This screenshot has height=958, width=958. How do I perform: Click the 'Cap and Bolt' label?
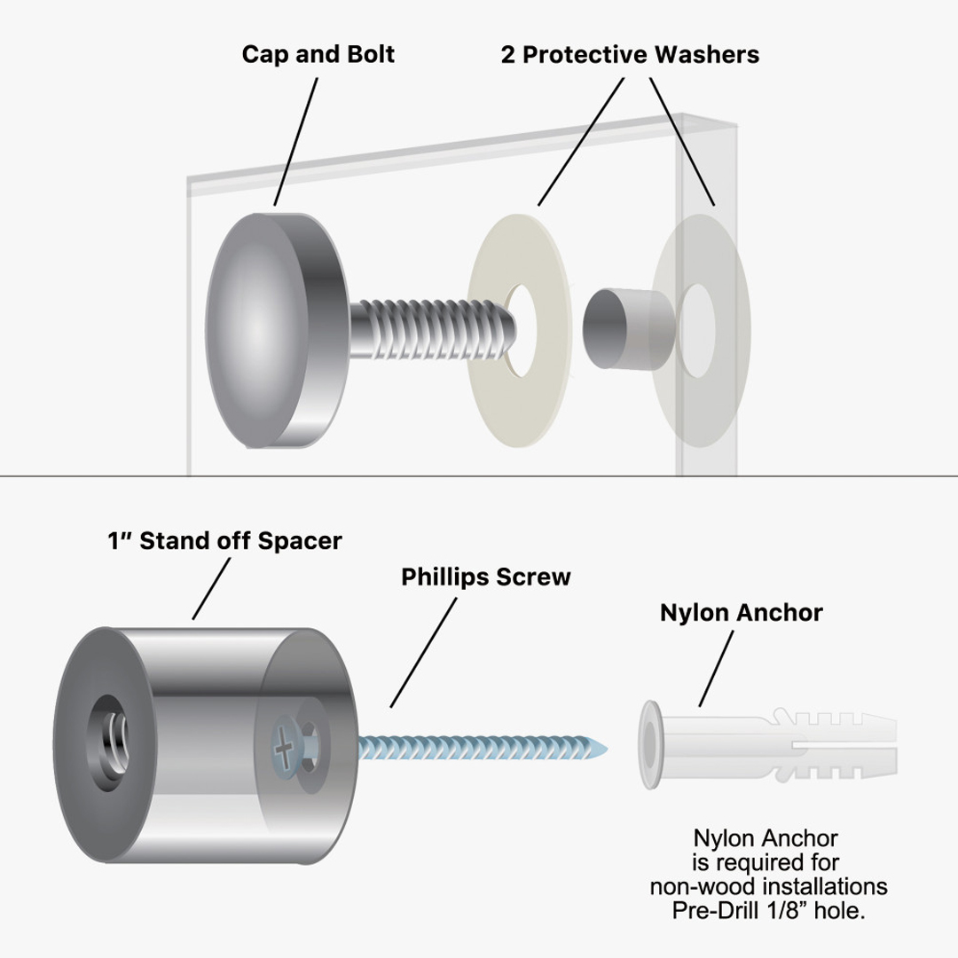pyautogui.click(x=318, y=54)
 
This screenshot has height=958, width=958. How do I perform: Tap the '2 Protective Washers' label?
pyautogui.click(x=630, y=54)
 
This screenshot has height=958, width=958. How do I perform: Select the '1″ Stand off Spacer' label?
pyautogui.click(x=224, y=541)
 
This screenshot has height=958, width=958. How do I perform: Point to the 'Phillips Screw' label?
pyautogui.click(x=485, y=577)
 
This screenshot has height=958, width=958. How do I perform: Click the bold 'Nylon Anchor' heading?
pyautogui.click(x=741, y=612)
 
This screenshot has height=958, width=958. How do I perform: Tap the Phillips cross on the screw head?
pyautogui.click(x=283, y=753)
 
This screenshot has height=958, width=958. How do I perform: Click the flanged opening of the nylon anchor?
pyautogui.click(x=651, y=742)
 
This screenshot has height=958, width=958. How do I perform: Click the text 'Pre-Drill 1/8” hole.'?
pyautogui.click(x=768, y=911)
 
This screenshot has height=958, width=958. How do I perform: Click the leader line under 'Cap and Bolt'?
pyautogui.click(x=295, y=141)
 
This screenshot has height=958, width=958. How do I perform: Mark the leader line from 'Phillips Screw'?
pyautogui.click(x=424, y=651)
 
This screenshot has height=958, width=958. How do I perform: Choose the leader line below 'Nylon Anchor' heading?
pyautogui.click(x=718, y=667)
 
